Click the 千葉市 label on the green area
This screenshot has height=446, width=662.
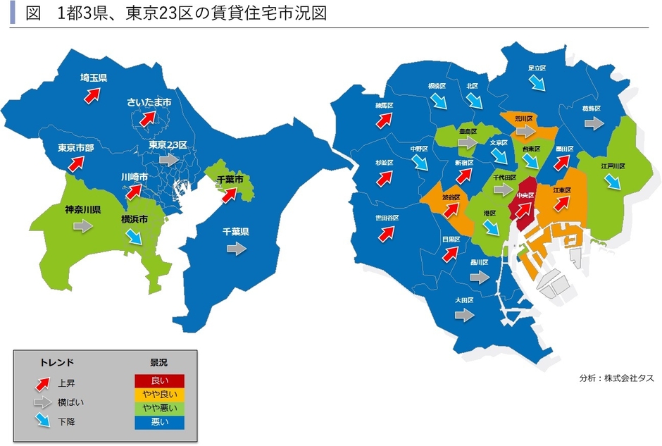[x=229, y=180]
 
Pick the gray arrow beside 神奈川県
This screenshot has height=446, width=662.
[x=82, y=225]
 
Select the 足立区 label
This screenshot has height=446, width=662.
[x=537, y=68]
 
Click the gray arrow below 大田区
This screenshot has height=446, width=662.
[x=463, y=316]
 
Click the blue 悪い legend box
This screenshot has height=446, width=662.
[x=159, y=422]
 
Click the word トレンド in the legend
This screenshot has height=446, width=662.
[x=56, y=362]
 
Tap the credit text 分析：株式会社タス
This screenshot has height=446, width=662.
[x=616, y=378]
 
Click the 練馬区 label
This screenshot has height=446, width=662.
[x=384, y=105]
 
